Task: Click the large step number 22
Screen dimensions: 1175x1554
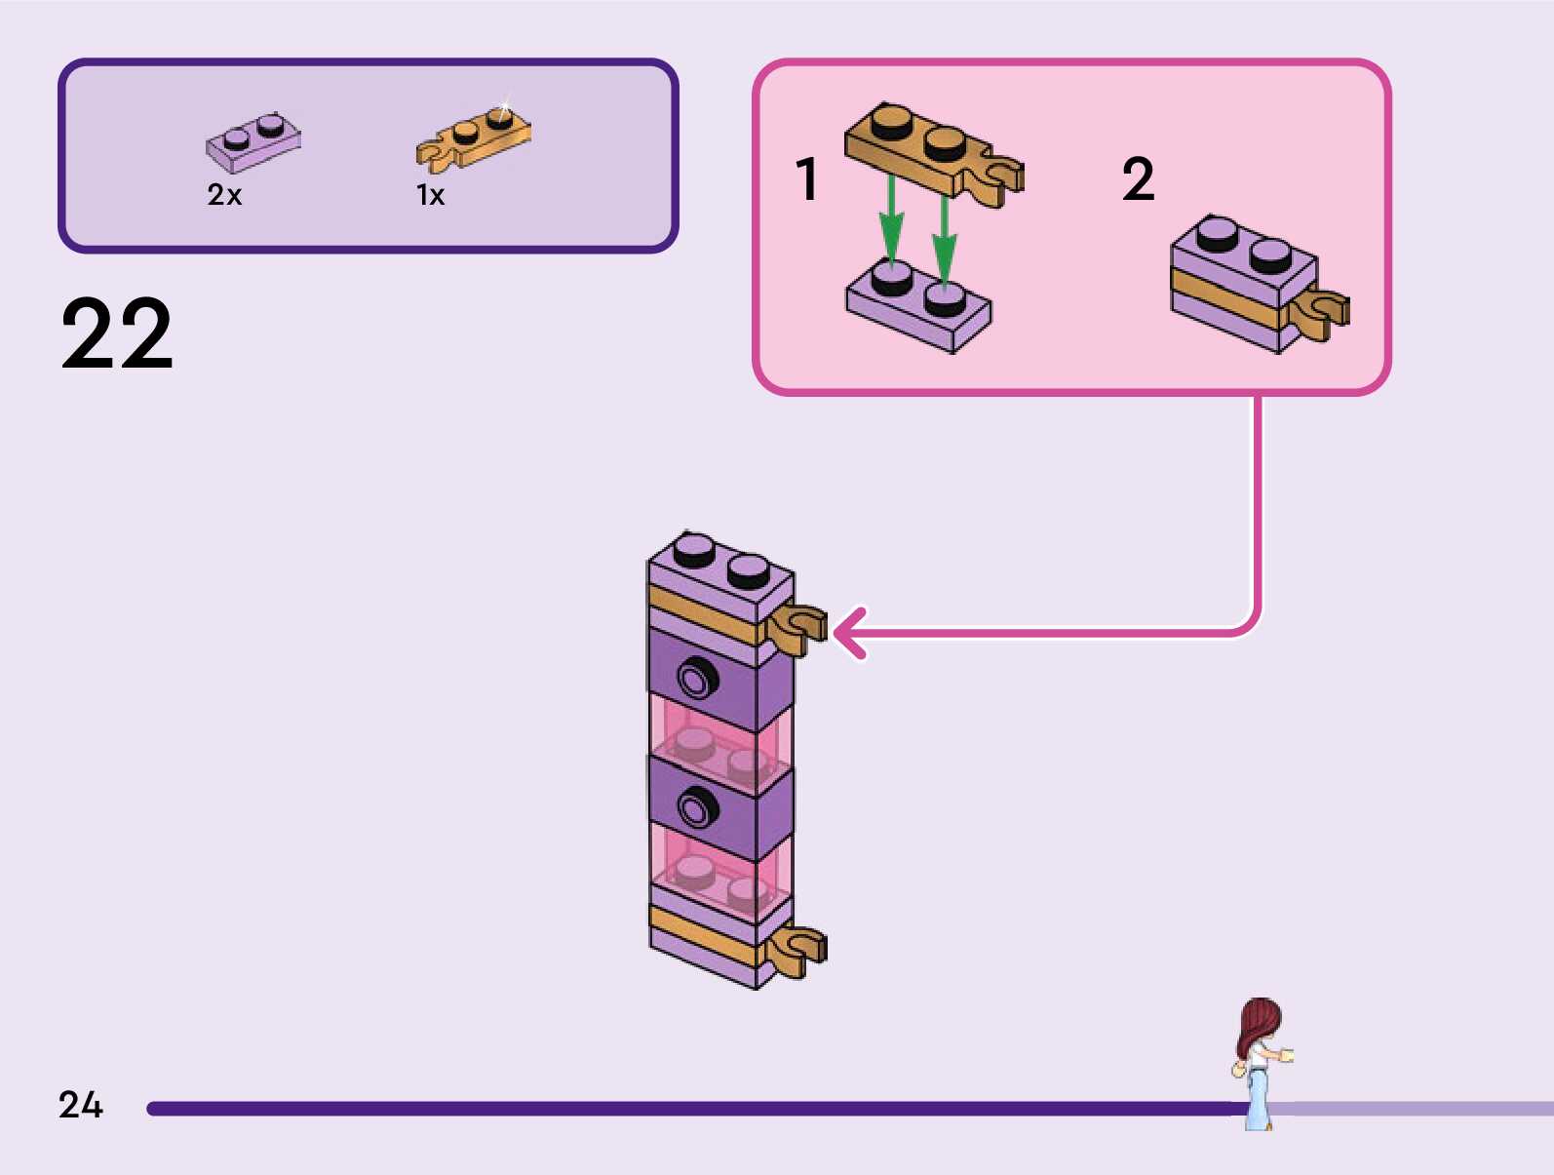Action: coord(117,334)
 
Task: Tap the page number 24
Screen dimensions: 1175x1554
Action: coord(81,1105)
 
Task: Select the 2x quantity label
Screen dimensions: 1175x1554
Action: coord(224,195)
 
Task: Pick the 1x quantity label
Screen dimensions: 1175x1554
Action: coord(430,195)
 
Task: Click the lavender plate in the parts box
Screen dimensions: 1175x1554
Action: coord(253,142)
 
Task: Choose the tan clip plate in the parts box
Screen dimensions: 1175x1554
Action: coord(475,137)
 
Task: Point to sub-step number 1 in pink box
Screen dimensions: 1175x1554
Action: coord(806,179)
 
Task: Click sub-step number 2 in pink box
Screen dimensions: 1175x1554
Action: coord(1138,179)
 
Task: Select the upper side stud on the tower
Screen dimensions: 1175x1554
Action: coord(696,677)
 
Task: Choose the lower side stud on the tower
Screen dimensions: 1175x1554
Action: coord(696,807)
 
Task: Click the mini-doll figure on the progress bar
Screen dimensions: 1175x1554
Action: coord(1259,1063)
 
